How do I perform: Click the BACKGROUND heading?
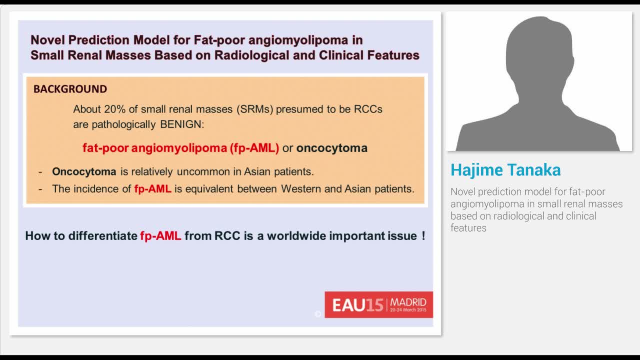tap(70, 89)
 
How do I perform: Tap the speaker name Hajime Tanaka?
tap(505, 170)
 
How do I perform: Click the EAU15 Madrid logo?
tap(378, 304)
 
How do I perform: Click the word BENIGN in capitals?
tap(181, 124)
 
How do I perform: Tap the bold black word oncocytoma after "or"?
tap(331, 148)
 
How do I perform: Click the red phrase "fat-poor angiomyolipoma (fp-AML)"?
tap(180, 148)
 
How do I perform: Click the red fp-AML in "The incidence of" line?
tap(152, 189)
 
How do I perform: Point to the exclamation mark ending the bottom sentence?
tap(423, 236)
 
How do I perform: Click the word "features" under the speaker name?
tap(468, 228)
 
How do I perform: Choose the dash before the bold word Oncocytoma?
tap(40, 172)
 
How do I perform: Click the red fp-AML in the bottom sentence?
tap(160, 236)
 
